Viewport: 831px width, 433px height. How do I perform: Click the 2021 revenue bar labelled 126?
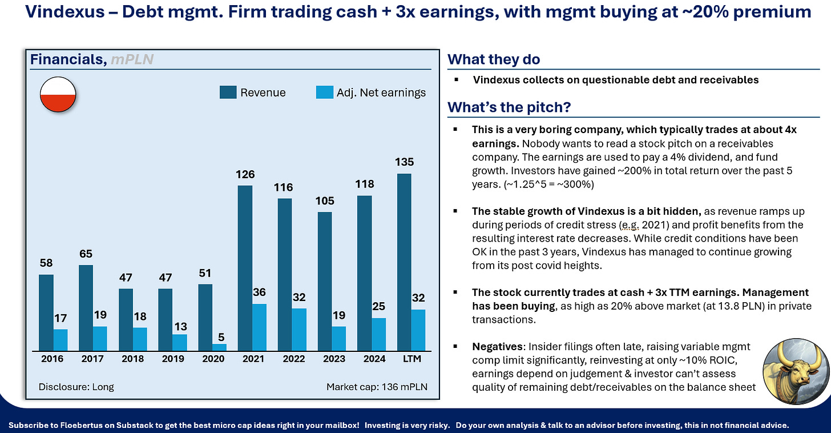[245, 268]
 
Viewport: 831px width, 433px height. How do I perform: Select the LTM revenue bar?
[404, 262]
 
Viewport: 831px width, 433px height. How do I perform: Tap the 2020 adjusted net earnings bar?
[219, 347]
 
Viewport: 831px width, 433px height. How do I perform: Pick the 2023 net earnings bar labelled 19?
[338, 339]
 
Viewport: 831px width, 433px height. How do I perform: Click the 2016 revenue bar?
[46, 312]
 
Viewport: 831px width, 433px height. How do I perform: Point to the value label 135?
[404, 162]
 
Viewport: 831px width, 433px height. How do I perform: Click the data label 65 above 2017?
[86, 254]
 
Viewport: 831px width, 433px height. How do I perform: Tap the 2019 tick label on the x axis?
[173, 359]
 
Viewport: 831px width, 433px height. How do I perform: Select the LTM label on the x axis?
[412, 359]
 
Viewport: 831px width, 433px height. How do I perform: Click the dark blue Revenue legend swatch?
[228, 93]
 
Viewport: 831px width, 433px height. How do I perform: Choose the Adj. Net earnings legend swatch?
[324, 93]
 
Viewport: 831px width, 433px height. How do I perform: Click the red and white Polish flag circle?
[58, 95]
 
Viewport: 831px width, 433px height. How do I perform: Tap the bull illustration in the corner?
[796, 371]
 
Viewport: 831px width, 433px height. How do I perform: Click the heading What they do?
[493, 59]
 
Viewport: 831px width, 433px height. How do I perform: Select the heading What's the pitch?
[509, 107]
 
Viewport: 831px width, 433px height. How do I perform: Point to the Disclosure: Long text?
[76, 387]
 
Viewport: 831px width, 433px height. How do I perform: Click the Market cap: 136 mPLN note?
[377, 387]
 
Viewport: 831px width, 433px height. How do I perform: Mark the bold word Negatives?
[497, 347]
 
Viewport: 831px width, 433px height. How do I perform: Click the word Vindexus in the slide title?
[65, 11]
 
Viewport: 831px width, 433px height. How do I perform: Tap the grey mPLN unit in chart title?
[132, 59]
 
